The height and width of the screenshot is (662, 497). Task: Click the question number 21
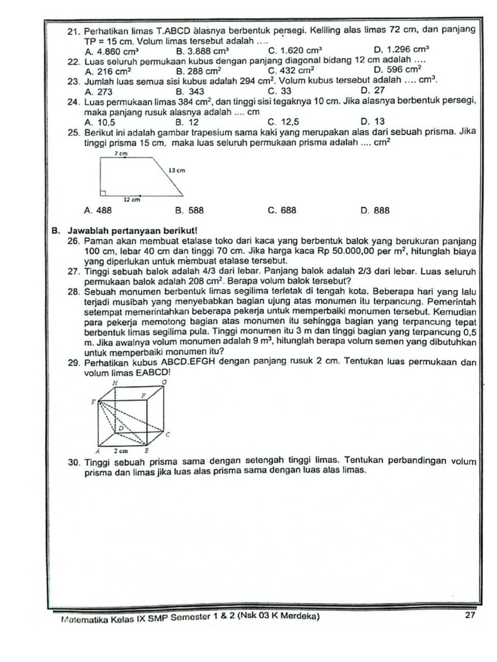tap(73, 30)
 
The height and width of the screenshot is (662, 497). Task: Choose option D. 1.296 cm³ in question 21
tap(402, 49)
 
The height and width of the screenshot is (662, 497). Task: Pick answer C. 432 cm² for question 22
tap(291, 70)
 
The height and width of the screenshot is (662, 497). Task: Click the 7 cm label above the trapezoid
tap(121, 155)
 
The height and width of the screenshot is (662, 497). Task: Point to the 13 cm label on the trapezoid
tap(177, 170)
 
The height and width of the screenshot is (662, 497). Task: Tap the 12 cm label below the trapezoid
tap(132, 200)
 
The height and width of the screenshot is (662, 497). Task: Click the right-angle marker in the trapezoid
tap(103, 192)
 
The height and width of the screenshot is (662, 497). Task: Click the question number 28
tap(73, 292)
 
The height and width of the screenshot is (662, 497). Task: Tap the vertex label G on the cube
tap(164, 383)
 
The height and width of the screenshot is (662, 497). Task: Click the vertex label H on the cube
tap(116, 383)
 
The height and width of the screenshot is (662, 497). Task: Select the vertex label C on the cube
tap(168, 434)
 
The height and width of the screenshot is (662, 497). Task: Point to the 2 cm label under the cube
tap(121, 450)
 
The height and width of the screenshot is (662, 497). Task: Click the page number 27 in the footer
tap(470, 615)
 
